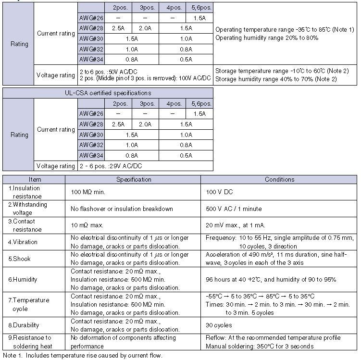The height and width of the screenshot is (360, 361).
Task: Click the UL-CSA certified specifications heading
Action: [108, 93]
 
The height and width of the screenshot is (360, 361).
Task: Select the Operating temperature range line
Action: [285, 30]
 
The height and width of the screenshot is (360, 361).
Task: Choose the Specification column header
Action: [135, 179]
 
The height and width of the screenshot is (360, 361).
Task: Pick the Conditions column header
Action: [280, 179]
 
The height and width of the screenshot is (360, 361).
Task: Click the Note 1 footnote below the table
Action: [83, 356]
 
